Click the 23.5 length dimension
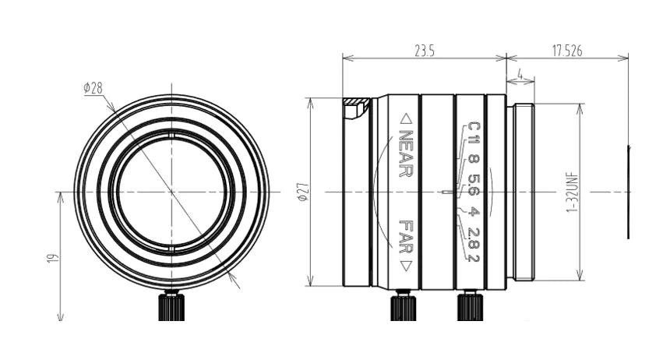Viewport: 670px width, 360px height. pos(424,51)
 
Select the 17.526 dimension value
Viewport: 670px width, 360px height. pos(567,51)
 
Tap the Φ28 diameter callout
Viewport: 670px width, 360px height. pos(93,89)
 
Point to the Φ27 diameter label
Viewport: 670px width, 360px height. pos(303,192)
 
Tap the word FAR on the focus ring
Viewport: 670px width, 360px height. pos(405,236)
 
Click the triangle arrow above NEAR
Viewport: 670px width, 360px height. pos(405,119)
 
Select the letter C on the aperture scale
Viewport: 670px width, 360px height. pos(473,128)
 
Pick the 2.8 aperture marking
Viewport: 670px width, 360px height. pos(473,236)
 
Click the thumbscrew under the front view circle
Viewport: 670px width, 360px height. pos(171,305)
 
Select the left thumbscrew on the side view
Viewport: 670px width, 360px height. pos(401,305)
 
